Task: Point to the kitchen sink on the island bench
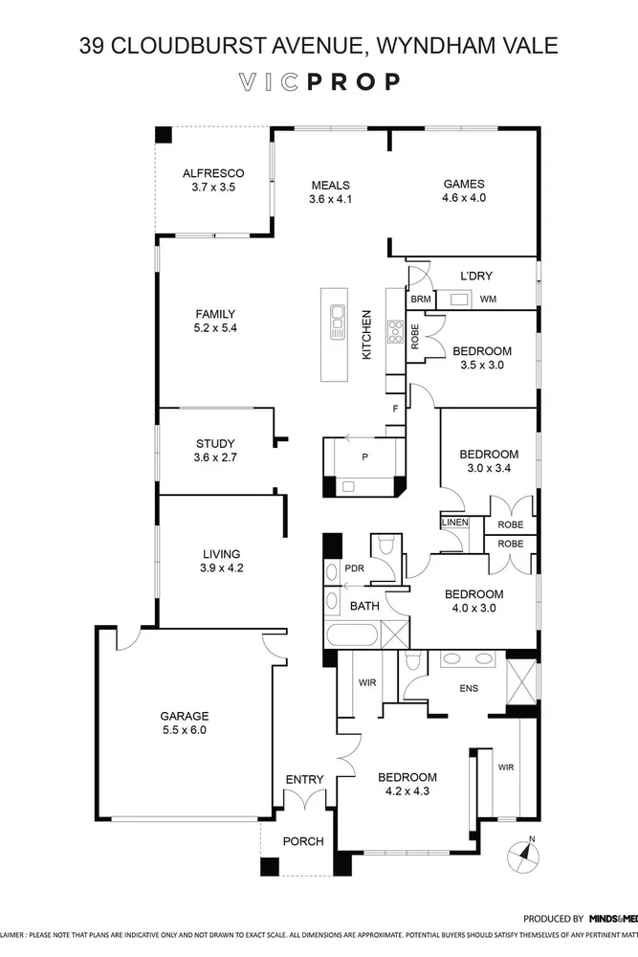coord(337,322)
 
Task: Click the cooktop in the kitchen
coord(393,331)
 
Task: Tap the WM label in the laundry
coord(488,300)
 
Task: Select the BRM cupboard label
coord(420,300)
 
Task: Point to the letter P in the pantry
coord(364,457)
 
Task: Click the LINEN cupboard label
coord(455,523)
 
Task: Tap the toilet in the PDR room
coord(386,546)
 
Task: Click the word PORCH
coord(302,842)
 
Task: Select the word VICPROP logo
coord(319,82)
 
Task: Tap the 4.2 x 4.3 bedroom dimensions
coord(407,791)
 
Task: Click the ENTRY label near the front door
coord(305,780)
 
